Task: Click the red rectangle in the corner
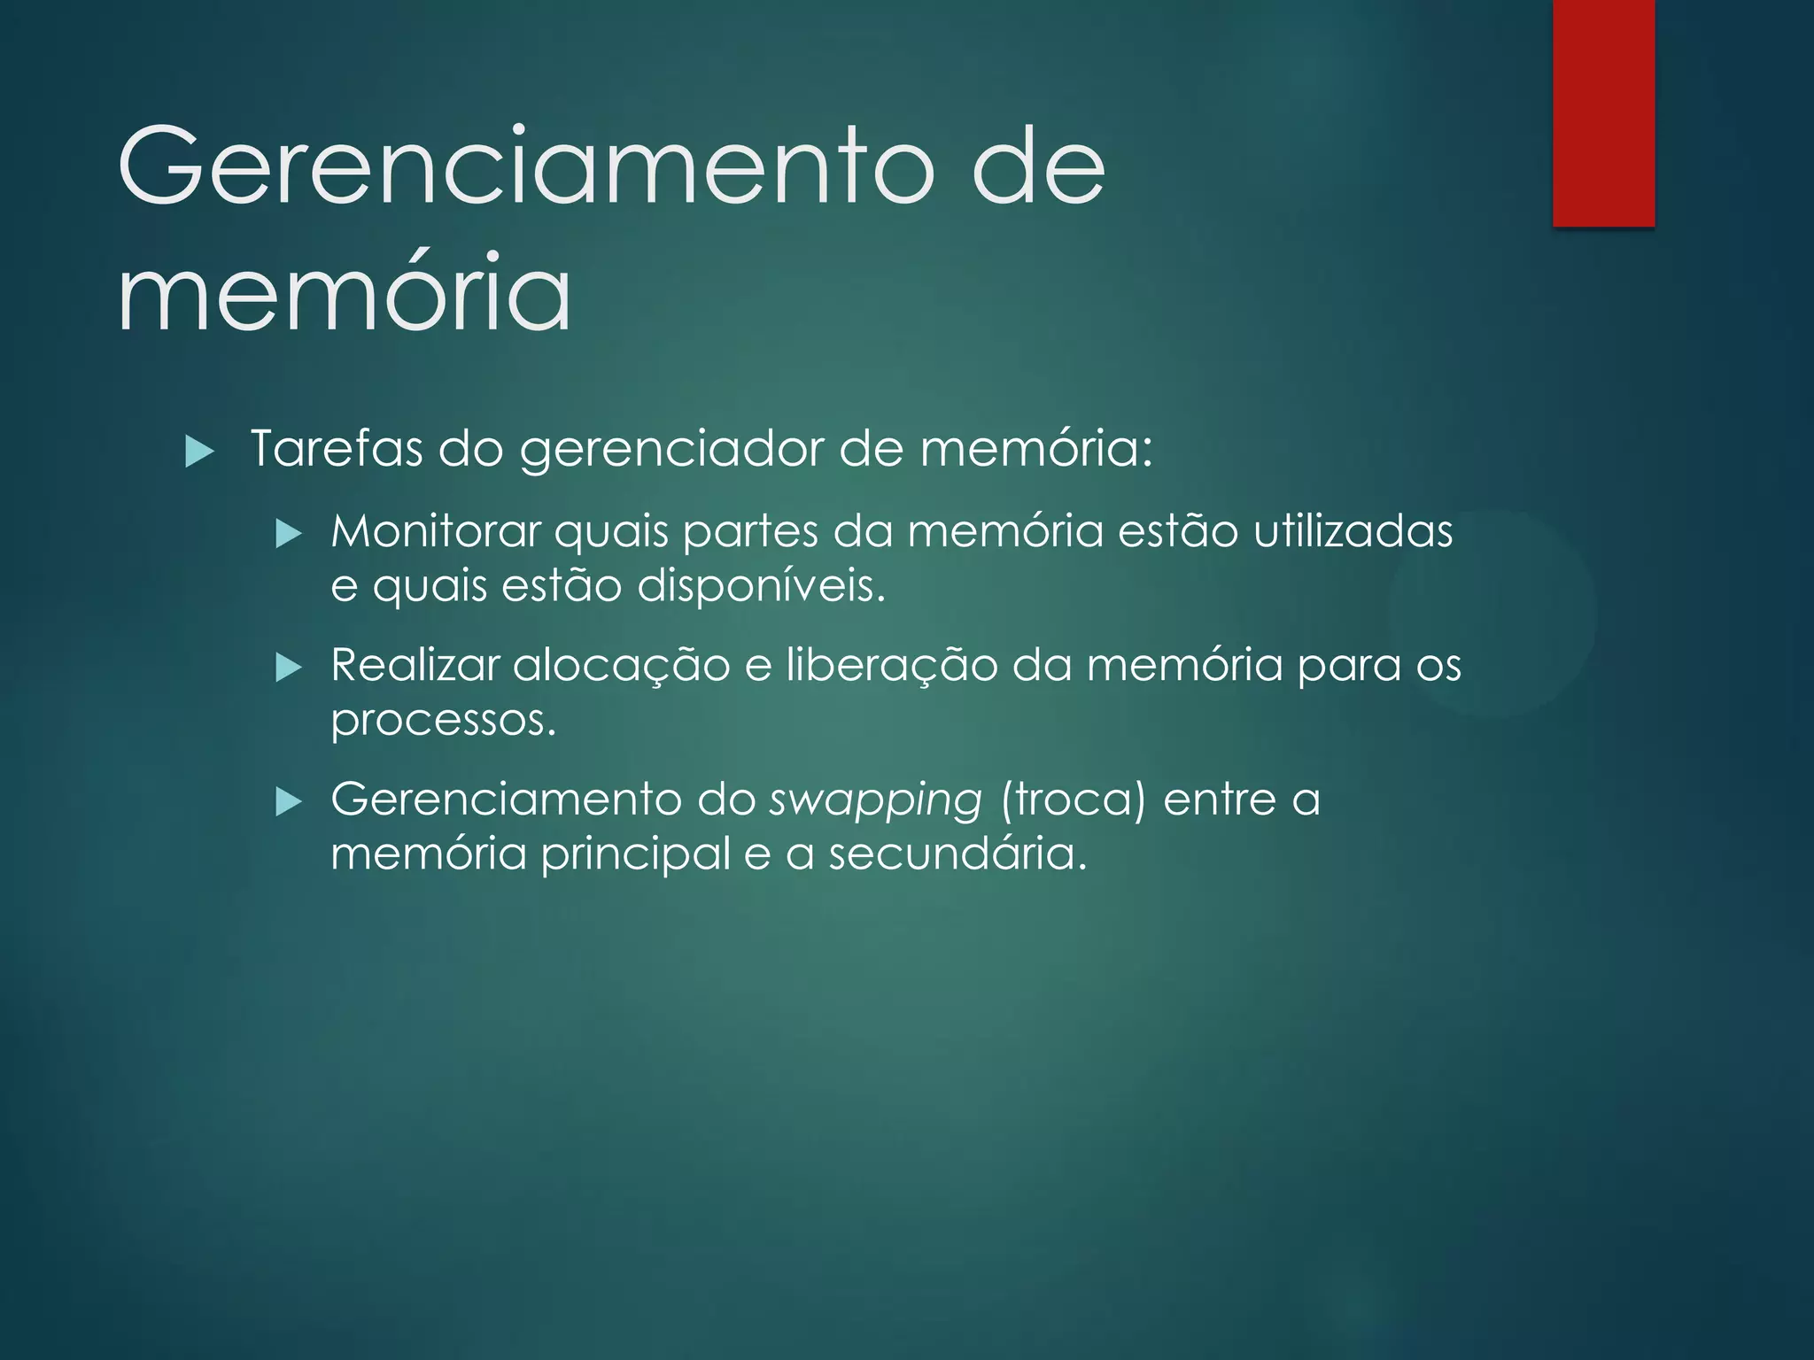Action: click(1603, 112)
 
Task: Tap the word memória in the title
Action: click(345, 292)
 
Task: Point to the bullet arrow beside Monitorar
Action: click(290, 534)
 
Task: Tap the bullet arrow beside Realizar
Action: click(290, 668)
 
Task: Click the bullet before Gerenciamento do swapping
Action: click(290, 802)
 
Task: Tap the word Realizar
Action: click(415, 665)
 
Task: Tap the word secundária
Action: click(957, 854)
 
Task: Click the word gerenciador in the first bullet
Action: click(672, 450)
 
